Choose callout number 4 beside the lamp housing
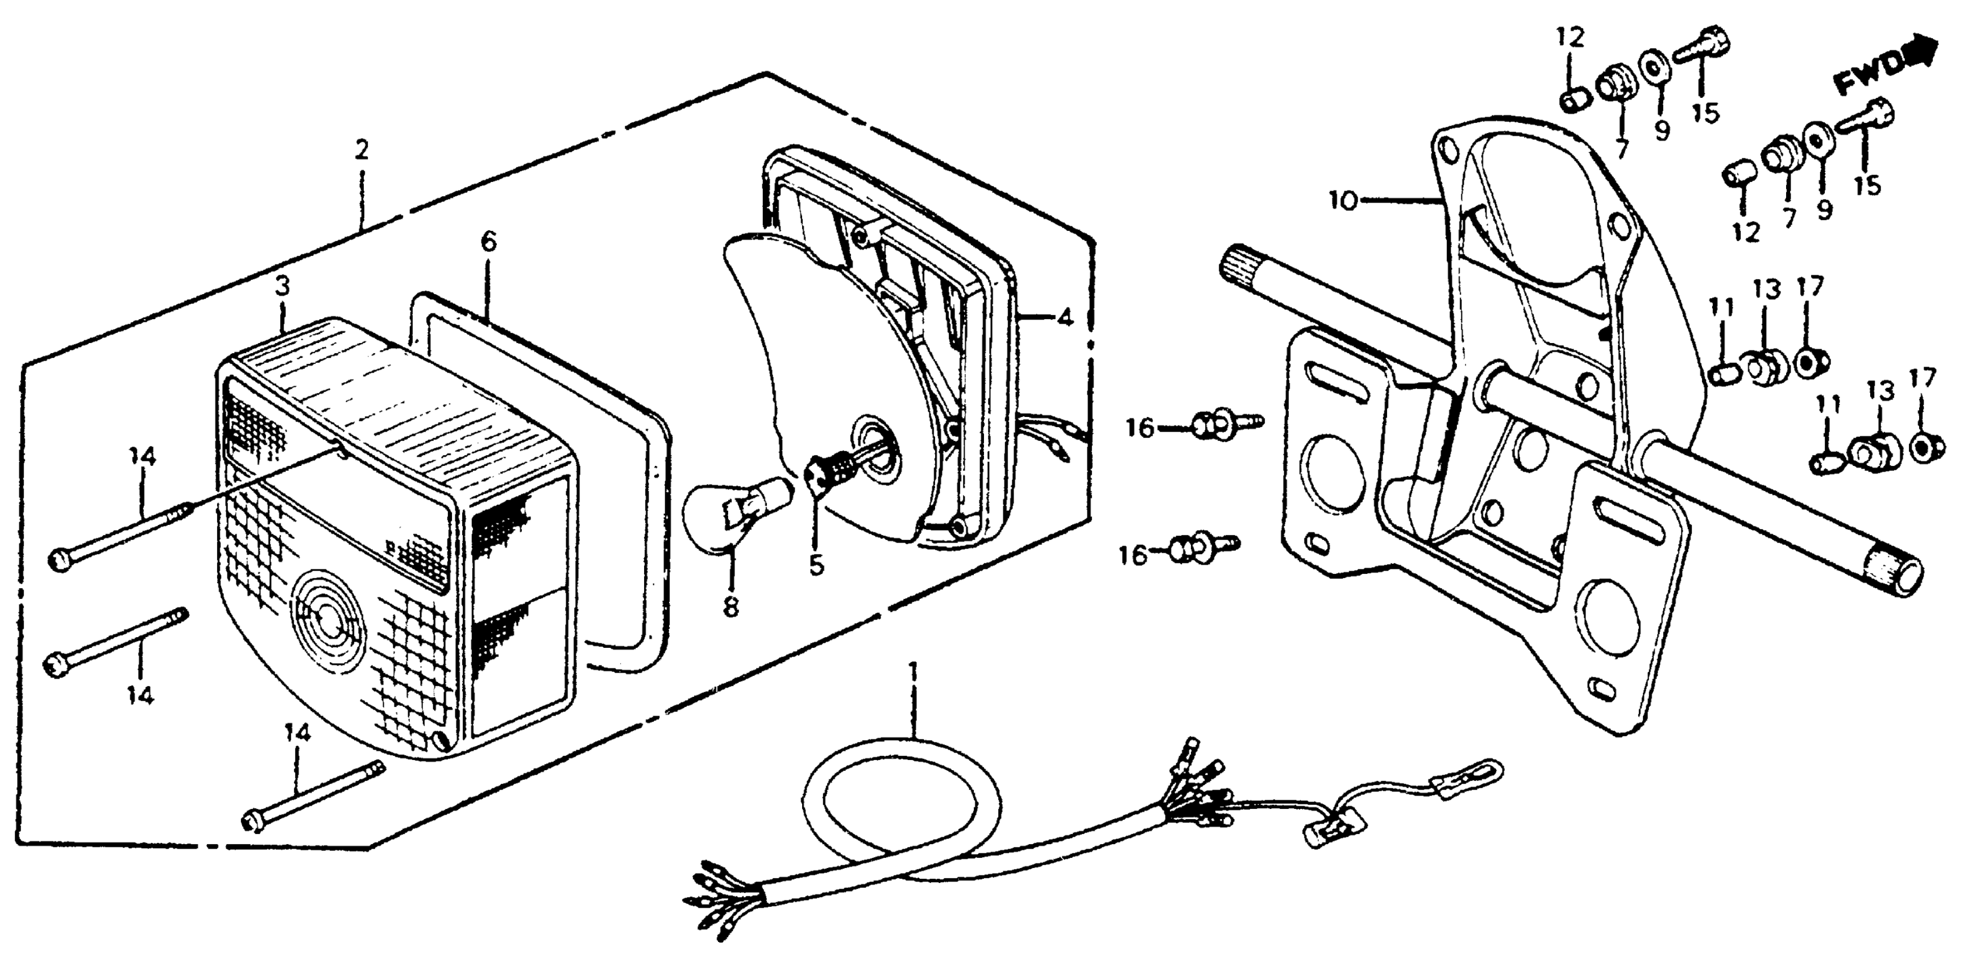[x=1064, y=317]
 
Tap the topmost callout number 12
[x=1571, y=37]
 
